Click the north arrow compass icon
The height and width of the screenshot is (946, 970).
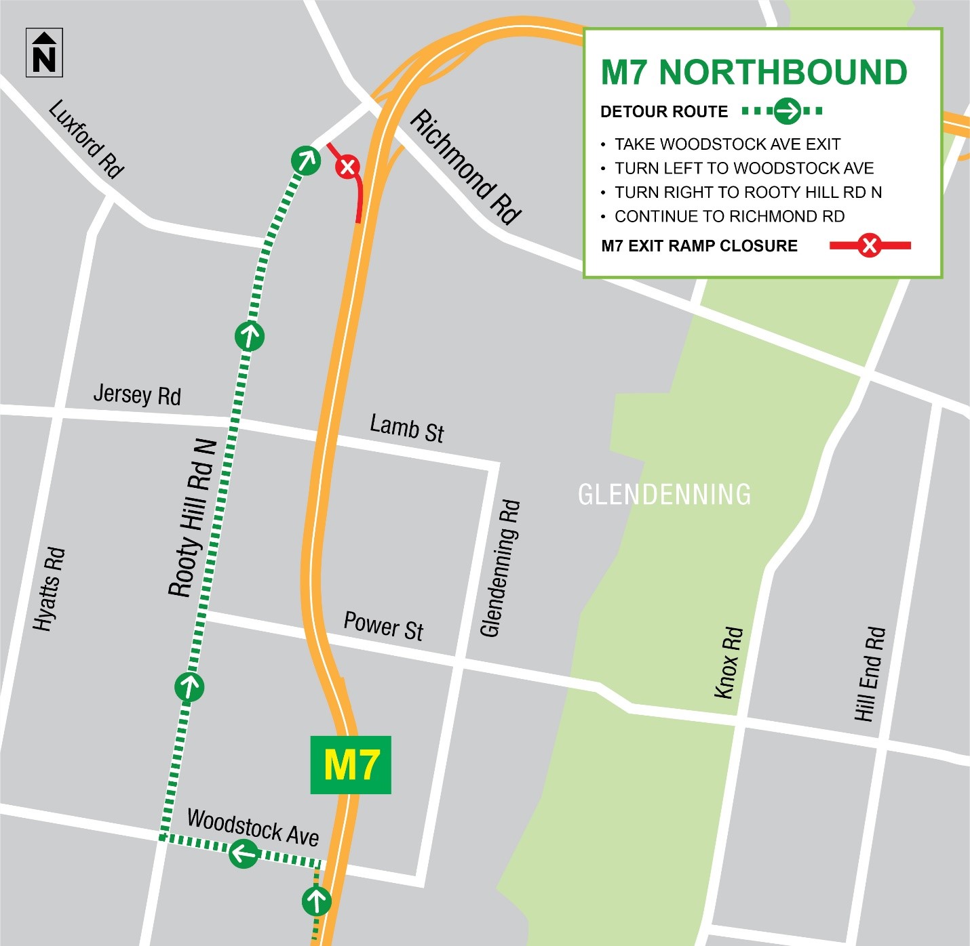(44, 53)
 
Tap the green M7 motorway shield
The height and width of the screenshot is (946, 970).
(351, 765)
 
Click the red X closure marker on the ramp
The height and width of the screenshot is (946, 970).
(347, 166)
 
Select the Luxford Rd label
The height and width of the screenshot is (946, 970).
(86, 139)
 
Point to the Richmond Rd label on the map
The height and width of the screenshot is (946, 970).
(466, 167)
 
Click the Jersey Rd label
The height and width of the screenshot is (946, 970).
(137, 394)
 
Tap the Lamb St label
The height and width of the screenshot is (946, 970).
(406, 428)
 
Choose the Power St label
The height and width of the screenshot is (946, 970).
(383, 625)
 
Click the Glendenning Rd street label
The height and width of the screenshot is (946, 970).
(500, 569)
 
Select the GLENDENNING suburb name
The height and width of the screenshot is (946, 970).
(664, 495)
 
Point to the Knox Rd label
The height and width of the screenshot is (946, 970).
(729, 663)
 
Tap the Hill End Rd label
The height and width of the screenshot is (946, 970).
(870, 674)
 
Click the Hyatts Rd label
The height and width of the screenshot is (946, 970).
(49, 589)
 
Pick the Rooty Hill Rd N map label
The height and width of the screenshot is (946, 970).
(192, 519)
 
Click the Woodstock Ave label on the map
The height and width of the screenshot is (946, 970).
(253, 827)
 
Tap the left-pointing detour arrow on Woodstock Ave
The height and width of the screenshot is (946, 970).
(244, 853)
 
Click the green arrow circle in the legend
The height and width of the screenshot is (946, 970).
(788, 110)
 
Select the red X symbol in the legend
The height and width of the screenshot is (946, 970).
(869, 245)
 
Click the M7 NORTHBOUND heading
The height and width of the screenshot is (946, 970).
(754, 73)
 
